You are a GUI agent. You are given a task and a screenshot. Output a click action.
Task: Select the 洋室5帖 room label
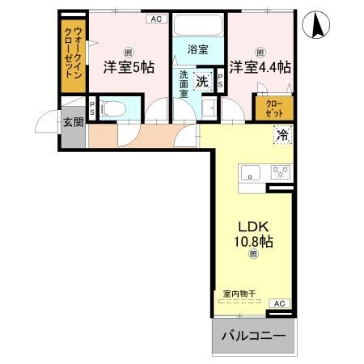point(128,68)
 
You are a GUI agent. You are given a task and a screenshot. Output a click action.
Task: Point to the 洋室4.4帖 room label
point(260,67)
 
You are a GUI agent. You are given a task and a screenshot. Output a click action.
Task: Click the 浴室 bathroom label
point(198,49)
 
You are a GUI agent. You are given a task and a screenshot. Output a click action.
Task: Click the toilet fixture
point(116,108)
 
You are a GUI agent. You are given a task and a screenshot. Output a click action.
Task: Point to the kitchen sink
point(249,171)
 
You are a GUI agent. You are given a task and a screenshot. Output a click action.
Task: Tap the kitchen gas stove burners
point(280,171)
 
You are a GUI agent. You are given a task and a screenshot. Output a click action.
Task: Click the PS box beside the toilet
point(93,108)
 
